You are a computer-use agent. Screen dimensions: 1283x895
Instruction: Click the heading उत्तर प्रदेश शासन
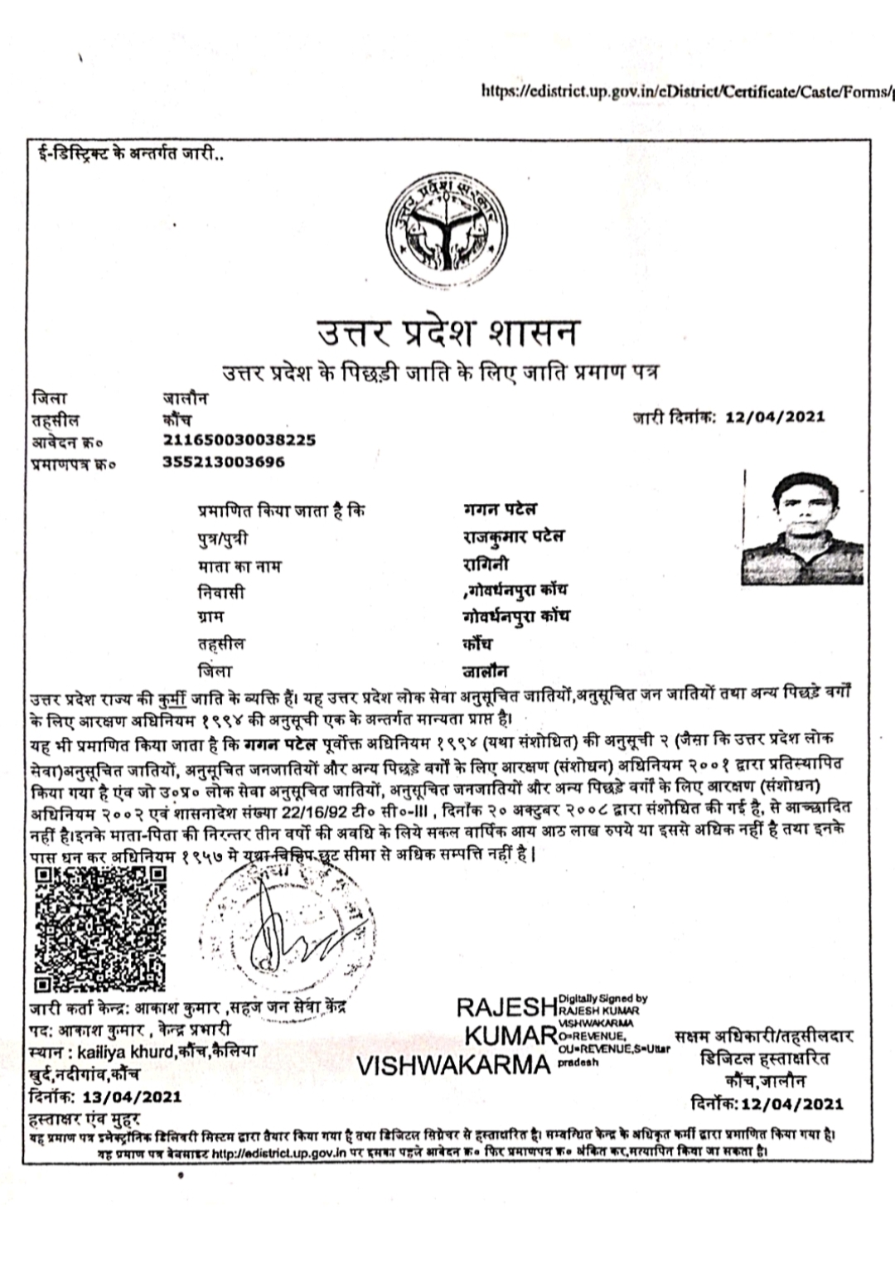pyautogui.click(x=447, y=332)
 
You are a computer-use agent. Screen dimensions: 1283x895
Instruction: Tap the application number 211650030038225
pyautogui.click(x=239, y=440)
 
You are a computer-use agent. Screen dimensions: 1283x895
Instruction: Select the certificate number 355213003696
pyautogui.click(x=224, y=462)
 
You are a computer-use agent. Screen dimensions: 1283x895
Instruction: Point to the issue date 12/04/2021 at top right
pyautogui.click(x=775, y=416)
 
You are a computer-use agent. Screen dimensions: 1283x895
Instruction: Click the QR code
pyautogui.click(x=99, y=929)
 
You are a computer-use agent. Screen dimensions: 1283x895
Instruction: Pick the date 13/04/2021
pyautogui.click(x=130, y=1097)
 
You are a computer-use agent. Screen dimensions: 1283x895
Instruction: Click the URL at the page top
pyautogui.click(x=687, y=90)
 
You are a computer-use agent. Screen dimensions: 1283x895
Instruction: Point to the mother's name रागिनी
pyautogui.click(x=486, y=565)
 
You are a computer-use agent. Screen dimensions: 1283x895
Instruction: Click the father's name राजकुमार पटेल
pyautogui.click(x=513, y=537)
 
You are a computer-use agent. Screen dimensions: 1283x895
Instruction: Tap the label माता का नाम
pyautogui.click(x=239, y=567)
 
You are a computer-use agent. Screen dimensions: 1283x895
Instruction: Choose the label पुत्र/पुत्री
pyautogui.click(x=222, y=539)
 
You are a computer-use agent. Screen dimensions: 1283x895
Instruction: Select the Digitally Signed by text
pyautogui.click(x=603, y=1000)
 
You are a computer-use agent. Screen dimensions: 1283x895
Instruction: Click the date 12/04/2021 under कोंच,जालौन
pyautogui.click(x=792, y=1103)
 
